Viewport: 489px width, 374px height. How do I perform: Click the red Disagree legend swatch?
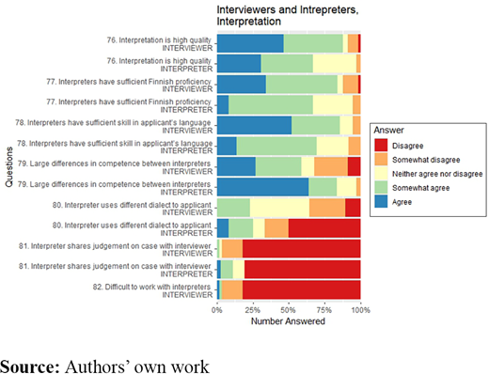381,146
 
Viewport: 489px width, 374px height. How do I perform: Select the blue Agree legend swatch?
381,202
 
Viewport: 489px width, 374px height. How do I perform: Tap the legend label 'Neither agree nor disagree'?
437,174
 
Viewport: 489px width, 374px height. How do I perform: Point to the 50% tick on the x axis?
289,303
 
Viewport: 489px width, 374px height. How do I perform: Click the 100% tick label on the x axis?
360,310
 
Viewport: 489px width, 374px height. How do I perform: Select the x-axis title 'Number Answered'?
288,321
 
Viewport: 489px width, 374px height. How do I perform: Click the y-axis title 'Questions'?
9,167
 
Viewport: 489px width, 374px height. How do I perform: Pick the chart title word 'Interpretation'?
248,22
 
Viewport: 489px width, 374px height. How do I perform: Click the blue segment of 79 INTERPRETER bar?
262,187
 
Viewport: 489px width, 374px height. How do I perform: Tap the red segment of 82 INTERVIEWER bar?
301,289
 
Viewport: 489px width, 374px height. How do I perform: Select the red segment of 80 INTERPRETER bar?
324,228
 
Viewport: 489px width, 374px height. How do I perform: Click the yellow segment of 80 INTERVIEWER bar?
279,208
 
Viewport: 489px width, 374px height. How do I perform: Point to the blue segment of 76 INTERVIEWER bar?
250,43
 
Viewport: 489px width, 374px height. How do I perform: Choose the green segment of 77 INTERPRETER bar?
271,105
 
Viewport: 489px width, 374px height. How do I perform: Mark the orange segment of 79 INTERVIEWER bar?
331,166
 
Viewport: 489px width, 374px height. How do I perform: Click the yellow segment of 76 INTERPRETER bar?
335,64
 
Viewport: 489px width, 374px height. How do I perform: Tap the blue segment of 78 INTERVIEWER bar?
254,125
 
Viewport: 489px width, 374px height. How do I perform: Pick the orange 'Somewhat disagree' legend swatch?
381,160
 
